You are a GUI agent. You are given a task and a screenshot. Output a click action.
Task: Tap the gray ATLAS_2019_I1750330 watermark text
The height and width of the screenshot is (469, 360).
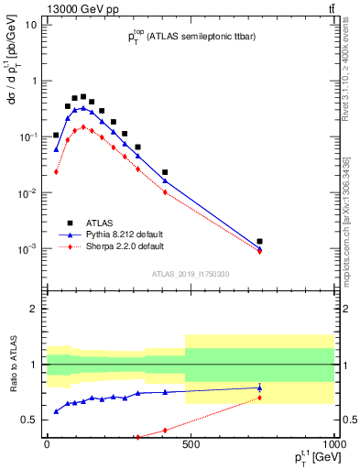coord(190,274)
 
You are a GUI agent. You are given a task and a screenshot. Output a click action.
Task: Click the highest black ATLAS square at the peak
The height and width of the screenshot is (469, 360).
coord(83,96)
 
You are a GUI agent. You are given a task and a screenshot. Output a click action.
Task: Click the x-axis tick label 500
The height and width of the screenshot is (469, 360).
coord(190,446)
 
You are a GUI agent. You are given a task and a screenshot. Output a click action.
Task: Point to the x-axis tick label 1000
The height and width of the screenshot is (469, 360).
coord(333,446)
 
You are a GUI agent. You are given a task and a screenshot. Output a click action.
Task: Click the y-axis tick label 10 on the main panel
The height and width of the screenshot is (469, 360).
coord(31,25)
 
